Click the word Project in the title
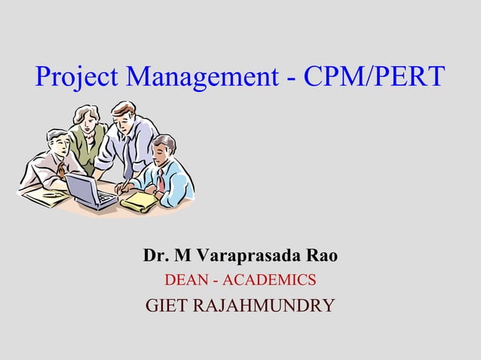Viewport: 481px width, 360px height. (x=76, y=78)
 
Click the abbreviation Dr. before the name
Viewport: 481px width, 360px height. (x=155, y=256)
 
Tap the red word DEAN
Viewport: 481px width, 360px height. (x=185, y=281)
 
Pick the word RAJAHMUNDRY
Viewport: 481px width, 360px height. (x=265, y=307)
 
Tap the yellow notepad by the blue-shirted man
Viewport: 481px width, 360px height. (x=140, y=200)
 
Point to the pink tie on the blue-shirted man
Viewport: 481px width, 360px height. (x=160, y=179)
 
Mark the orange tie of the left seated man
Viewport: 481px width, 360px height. (x=61, y=170)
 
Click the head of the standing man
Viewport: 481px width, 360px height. (x=123, y=114)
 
